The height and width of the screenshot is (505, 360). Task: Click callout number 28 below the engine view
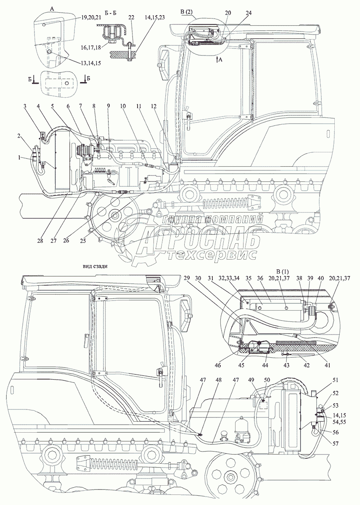(x=40, y=241)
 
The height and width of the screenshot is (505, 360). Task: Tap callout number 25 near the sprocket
(x=83, y=241)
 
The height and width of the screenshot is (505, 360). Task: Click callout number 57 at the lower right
(x=335, y=444)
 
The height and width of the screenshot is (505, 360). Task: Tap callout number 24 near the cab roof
(x=249, y=13)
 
